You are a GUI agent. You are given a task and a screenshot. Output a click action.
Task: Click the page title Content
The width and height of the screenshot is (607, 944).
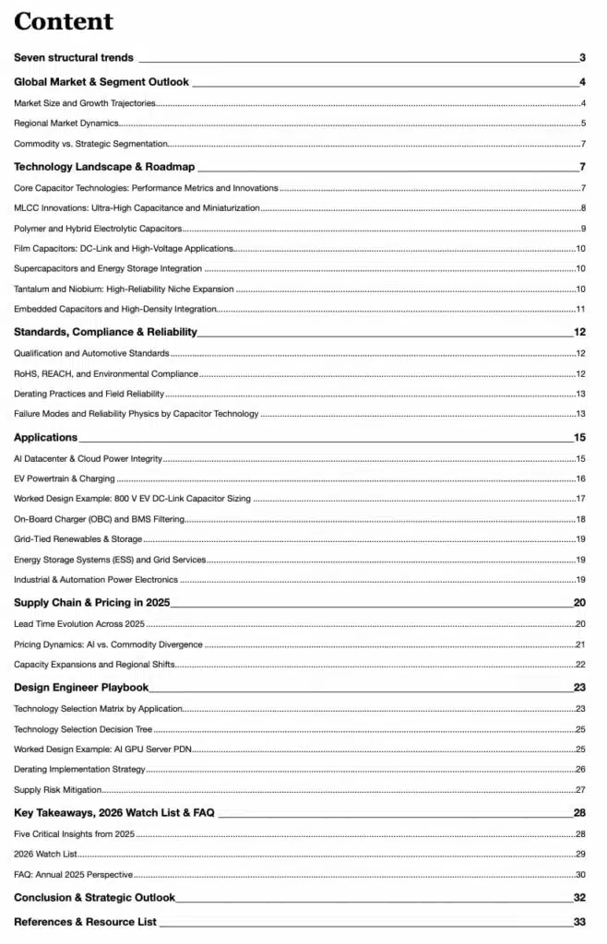pos(64,21)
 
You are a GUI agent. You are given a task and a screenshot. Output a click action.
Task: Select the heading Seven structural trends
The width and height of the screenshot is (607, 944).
pos(74,58)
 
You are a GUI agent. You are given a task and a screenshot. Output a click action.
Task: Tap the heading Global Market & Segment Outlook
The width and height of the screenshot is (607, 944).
pos(101,82)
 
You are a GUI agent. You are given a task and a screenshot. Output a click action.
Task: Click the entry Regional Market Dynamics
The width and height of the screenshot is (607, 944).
pos(66,124)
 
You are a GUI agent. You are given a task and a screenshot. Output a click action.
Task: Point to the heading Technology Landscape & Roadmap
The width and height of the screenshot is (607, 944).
pos(105,167)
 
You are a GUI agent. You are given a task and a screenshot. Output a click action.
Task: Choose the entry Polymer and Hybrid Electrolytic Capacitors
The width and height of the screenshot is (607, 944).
pos(98,229)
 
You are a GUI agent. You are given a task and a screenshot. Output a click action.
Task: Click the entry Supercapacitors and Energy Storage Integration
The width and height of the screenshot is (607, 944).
pos(108,268)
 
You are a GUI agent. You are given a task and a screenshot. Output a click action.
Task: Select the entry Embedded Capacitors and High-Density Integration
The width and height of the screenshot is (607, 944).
pos(115,309)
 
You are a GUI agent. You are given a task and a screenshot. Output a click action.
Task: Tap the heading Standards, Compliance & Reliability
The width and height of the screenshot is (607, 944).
pos(106,332)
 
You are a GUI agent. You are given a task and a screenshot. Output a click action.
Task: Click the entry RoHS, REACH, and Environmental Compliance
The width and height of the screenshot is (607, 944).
pos(106,373)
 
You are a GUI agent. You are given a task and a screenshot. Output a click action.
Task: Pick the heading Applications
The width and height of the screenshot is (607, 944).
pos(46,438)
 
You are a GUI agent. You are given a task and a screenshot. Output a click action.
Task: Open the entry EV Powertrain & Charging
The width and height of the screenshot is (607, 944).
pos(65,478)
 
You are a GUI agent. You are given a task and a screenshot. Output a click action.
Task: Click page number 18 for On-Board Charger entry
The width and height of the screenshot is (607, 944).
pos(580,519)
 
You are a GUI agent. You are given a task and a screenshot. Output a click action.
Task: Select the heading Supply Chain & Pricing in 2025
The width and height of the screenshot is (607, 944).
pos(92,603)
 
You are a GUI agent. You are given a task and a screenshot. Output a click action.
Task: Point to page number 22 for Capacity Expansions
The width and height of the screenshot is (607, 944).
pos(580,665)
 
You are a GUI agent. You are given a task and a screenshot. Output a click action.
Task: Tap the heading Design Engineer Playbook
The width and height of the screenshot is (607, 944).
pos(81,687)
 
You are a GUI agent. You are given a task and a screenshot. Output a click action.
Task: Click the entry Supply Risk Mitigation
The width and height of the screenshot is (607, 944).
pos(58,790)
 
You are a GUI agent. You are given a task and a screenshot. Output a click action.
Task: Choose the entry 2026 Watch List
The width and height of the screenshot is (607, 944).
pos(45,855)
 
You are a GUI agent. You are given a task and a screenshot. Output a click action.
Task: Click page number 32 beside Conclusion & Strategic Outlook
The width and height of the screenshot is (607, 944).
pos(579,898)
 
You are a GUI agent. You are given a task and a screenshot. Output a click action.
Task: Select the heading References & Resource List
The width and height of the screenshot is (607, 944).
pos(85,922)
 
